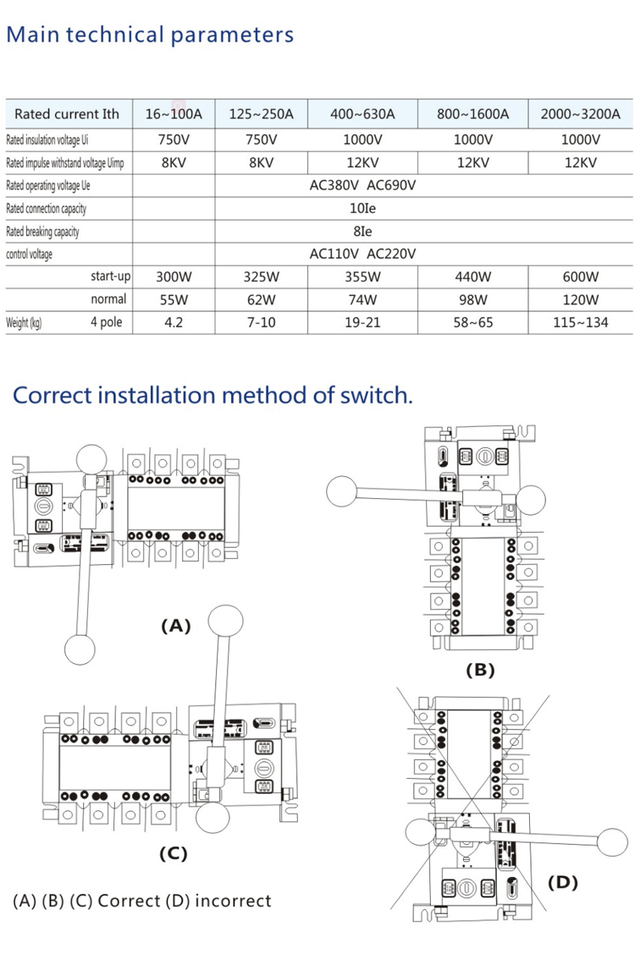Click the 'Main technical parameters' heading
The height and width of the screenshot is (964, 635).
point(150,35)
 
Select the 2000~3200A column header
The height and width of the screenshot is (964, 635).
point(580,114)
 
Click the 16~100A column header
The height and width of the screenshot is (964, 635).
point(174,114)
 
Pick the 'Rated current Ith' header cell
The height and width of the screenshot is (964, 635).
point(67,114)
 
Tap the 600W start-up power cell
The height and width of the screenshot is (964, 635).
point(580,277)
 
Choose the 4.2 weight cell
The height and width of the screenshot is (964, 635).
point(174,322)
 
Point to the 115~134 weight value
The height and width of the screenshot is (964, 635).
point(580,322)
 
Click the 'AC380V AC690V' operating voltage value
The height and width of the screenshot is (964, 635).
point(362,185)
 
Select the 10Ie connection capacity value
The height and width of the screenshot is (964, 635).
point(362,208)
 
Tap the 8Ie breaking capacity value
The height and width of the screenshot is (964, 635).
point(362,231)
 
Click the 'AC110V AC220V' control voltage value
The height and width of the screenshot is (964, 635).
point(362,254)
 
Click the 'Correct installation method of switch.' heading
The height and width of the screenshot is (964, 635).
point(213,395)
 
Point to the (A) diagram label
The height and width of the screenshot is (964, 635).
point(176,626)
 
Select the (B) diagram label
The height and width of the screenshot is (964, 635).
point(480,670)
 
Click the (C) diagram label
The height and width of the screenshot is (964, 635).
point(173,853)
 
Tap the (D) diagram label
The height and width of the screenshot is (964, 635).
point(562,883)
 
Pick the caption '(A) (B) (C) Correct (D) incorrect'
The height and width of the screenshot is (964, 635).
point(142,901)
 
